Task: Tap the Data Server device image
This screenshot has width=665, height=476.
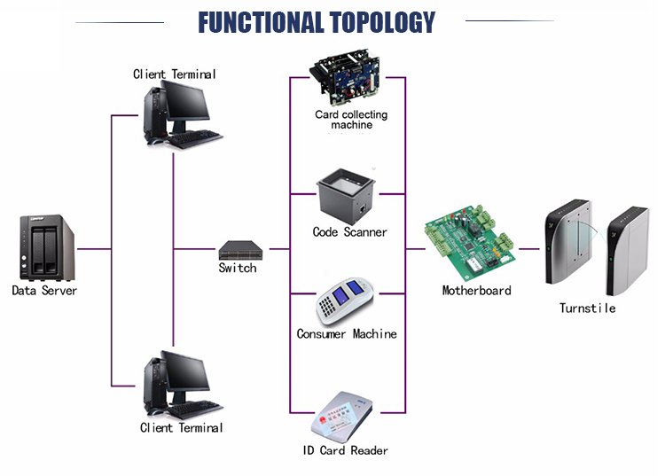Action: tap(45, 248)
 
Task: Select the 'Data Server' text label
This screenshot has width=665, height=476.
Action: tap(44, 291)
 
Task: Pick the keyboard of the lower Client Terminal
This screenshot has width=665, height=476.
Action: tap(194, 410)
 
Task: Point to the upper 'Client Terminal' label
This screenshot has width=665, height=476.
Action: tap(174, 74)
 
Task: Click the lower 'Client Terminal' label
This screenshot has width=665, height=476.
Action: tap(181, 428)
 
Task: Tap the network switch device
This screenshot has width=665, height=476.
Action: tap(238, 250)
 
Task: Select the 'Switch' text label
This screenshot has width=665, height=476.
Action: tap(237, 268)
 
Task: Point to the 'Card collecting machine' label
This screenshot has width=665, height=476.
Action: tap(351, 120)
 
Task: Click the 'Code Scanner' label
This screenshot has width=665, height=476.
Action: tap(349, 232)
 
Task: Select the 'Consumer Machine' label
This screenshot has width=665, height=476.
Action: tap(347, 334)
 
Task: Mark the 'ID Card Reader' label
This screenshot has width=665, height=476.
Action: tap(346, 450)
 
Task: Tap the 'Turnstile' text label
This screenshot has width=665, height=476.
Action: tap(587, 308)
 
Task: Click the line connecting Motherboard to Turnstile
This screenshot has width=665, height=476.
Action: tap(530, 249)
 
